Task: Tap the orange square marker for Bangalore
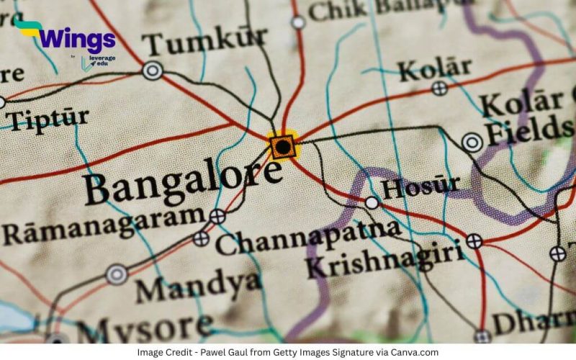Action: (283, 147)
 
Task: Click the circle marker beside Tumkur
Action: (152, 71)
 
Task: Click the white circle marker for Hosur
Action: (372, 202)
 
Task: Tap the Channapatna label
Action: (308, 235)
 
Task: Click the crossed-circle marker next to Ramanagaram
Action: (217, 215)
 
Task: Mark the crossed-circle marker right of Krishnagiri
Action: (474, 241)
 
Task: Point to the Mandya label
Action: (198, 286)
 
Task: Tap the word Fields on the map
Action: (529, 130)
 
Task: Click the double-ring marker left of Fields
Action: (472, 143)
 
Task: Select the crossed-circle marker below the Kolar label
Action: (439, 89)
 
